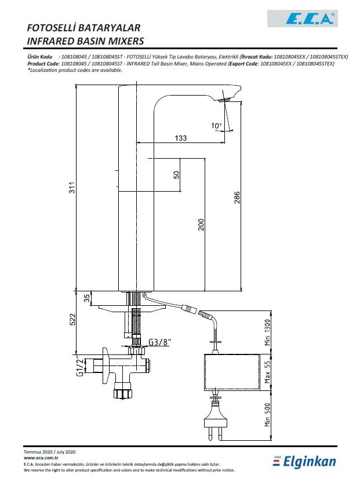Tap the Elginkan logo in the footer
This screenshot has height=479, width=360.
pos(304,461)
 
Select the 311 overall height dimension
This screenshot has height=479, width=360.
pos(72,188)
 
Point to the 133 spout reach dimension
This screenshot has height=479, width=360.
pos(180,138)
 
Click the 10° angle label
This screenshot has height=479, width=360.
pos(216,126)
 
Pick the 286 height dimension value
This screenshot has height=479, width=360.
pos(237,198)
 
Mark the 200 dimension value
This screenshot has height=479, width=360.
pos(201,225)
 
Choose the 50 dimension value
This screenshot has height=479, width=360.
pos(176,175)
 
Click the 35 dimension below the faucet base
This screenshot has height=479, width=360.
pos(87,298)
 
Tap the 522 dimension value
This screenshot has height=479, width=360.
pos(72,319)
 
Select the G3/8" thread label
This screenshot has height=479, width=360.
pos(159,342)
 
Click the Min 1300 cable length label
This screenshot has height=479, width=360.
pos(267,332)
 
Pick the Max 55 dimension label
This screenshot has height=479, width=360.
pos(267,372)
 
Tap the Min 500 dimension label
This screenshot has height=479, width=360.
pos(267,415)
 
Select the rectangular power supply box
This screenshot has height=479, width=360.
pos(231,372)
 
